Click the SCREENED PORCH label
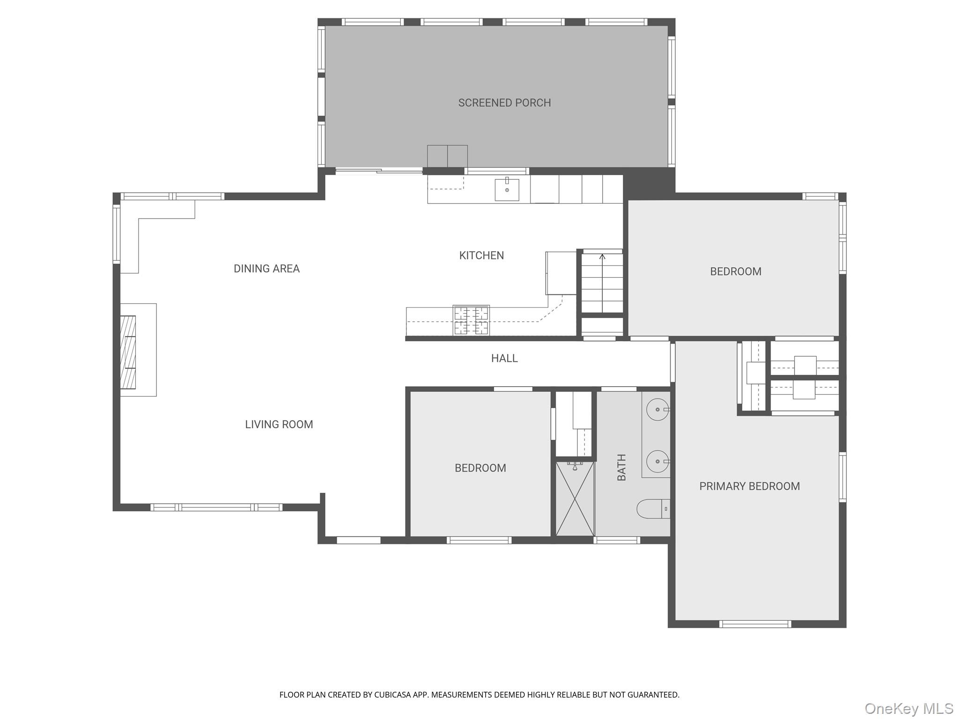[504, 103]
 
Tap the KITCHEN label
[481, 256]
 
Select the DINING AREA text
[266, 269]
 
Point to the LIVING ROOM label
[279, 425]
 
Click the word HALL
[504, 359]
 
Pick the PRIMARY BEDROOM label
[749, 486]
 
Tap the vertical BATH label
[621, 467]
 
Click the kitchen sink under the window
[507, 190]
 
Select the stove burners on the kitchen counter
[471, 320]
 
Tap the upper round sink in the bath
[657, 410]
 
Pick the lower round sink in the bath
[657, 461]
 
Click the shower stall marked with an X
[575, 499]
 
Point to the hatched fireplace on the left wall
[128, 352]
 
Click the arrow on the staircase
[602, 257]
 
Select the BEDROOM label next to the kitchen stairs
[735, 271]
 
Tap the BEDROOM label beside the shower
[480, 468]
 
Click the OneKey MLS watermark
[908, 708]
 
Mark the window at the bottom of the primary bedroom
[755, 624]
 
